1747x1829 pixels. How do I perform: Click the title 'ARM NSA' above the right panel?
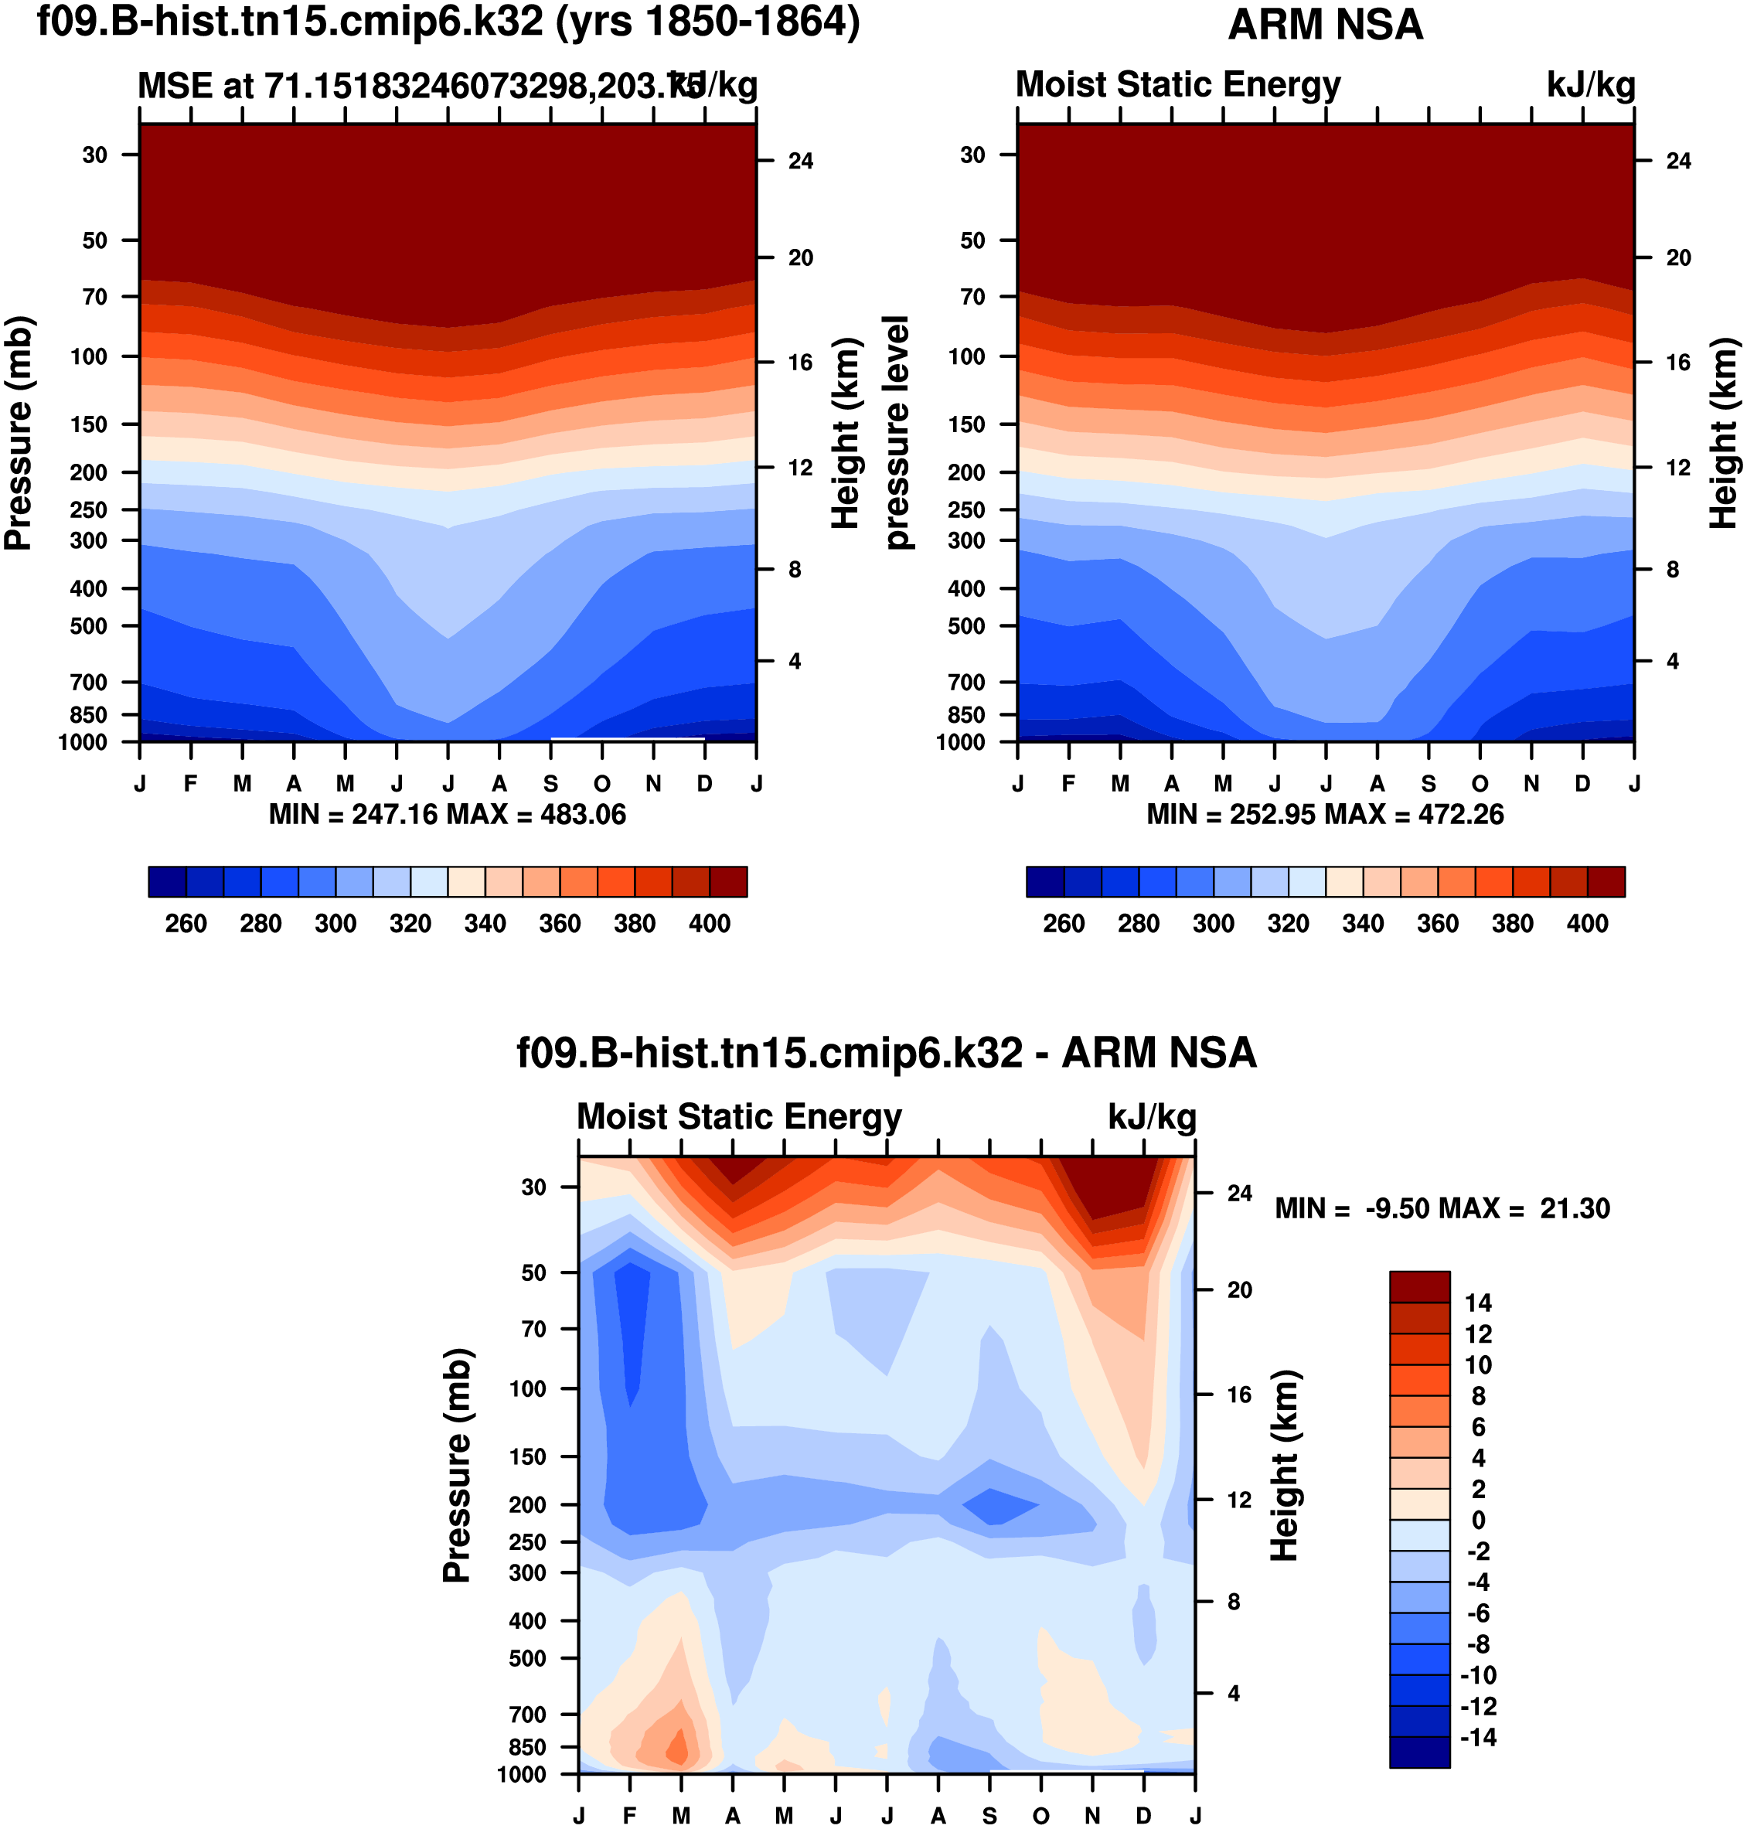(x=1325, y=26)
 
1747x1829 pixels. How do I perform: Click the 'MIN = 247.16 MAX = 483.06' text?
(x=447, y=815)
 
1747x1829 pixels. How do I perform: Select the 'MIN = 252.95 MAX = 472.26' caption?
(x=1325, y=815)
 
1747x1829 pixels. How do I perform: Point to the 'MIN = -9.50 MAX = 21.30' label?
(x=1442, y=1209)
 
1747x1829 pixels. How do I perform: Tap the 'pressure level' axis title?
(x=896, y=432)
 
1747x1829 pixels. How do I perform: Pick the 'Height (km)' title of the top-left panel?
(x=845, y=433)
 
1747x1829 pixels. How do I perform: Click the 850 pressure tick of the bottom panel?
(x=527, y=1747)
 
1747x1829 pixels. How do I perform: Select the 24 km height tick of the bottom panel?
(x=1239, y=1193)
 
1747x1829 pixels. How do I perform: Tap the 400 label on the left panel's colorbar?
(x=710, y=924)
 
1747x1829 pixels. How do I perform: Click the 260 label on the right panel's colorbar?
(x=1064, y=924)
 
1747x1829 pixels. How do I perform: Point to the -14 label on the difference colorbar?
(x=1478, y=1737)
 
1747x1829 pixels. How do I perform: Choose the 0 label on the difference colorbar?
(x=1478, y=1520)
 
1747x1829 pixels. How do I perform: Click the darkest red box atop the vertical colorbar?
(x=1419, y=1287)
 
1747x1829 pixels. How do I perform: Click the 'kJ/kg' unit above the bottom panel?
(x=1152, y=1116)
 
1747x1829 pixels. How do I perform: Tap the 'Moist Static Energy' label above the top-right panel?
(x=1178, y=85)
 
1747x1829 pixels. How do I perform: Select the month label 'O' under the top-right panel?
(x=1480, y=784)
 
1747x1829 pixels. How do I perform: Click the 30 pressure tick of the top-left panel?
(x=95, y=155)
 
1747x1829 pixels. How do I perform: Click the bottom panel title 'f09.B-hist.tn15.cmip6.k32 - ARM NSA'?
(x=887, y=1053)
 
